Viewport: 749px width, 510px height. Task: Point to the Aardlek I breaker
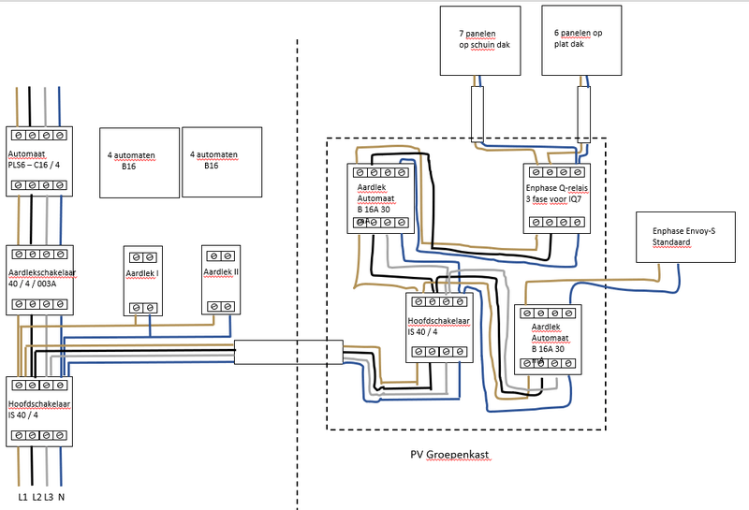(x=143, y=279)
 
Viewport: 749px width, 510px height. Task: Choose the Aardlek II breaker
(x=221, y=279)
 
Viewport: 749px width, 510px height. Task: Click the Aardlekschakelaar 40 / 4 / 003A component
(x=39, y=280)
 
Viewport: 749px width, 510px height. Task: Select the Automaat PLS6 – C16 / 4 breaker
(x=39, y=160)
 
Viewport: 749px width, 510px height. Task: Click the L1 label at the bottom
(x=22, y=497)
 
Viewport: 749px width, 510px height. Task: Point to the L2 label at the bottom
(x=36, y=497)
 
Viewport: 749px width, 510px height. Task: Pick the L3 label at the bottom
(x=49, y=497)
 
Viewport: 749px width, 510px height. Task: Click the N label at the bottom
(x=62, y=497)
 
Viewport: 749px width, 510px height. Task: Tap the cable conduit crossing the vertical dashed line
(x=288, y=352)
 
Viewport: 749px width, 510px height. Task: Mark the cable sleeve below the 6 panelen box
(x=583, y=113)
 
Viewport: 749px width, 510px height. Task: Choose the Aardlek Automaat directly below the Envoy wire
(x=549, y=339)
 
